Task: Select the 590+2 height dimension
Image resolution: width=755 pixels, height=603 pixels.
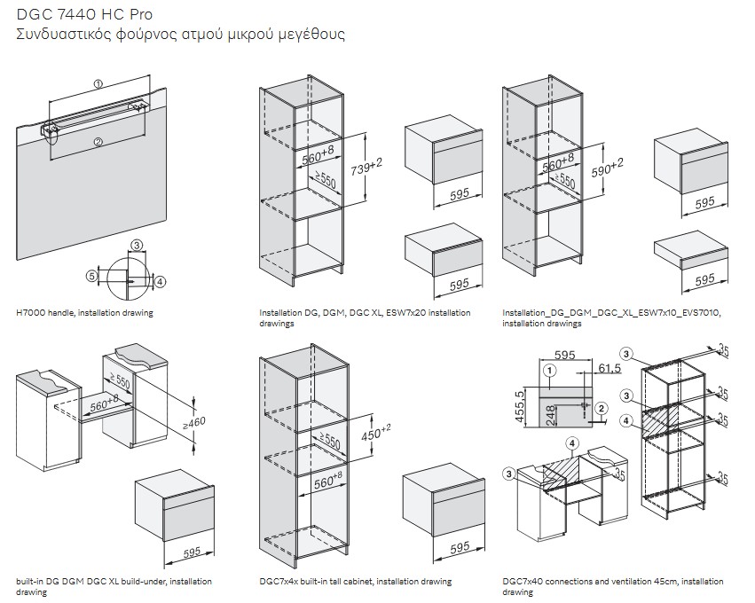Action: [608, 166]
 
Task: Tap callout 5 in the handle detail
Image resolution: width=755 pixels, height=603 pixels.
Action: [90, 276]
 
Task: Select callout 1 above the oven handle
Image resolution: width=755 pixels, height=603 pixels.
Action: [98, 83]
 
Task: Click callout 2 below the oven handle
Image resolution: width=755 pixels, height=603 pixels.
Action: [98, 141]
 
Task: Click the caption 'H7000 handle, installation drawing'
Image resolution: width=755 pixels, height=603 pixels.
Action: [84, 313]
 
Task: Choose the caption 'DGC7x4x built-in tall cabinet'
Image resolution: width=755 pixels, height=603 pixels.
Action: [355, 582]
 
